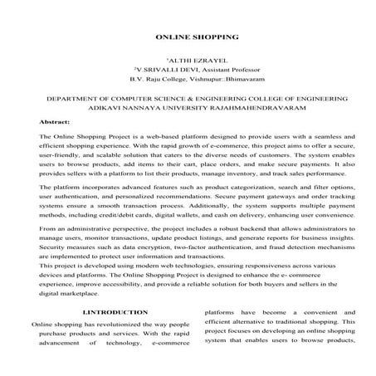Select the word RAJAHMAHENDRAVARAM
coord(278,110)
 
